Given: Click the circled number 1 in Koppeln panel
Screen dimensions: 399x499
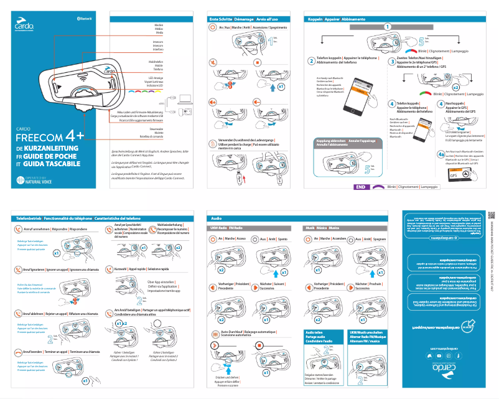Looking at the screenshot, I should tap(388, 27).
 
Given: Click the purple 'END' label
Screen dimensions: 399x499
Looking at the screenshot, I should tap(361, 186).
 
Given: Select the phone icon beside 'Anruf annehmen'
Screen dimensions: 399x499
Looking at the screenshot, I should tap(18, 229).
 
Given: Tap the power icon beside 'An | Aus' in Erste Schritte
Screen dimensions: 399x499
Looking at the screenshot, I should tap(213, 28).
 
